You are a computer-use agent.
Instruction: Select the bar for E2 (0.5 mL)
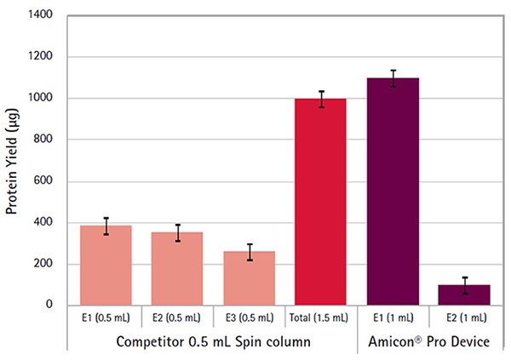pyautogui.click(x=177, y=269)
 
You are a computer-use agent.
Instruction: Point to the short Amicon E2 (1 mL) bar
pyautogui.click(x=464, y=294)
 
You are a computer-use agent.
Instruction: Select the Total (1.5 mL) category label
pyautogui.click(x=321, y=317)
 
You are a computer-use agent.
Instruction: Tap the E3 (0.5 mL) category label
pyautogui.click(x=249, y=317)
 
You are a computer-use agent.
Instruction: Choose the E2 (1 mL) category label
pyautogui.click(x=464, y=317)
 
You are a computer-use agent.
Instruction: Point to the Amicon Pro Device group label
pyautogui.click(x=428, y=340)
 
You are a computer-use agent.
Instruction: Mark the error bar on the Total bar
pyautogui.click(x=321, y=99)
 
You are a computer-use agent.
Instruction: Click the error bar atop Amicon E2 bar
pyautogui.click(x=464, y=285)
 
